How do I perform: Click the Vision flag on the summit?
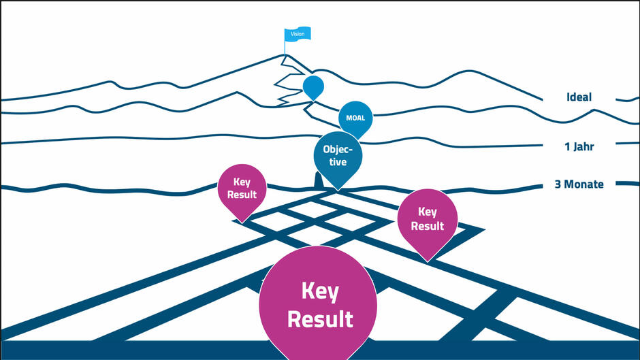(x=298, y=33)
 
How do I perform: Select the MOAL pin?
(x=356, y=118)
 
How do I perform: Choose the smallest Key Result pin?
(x=242, y=188)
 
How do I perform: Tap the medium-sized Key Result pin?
(x=427, y=218)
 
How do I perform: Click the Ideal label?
(x=579, y=97)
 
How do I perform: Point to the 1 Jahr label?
(x=580, y=146)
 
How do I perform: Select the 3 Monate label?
(x=579, y=184)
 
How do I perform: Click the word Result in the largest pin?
(x=320, y=319)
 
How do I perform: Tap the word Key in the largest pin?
(x=320, y=291)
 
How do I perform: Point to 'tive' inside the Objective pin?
(x=338, y=162)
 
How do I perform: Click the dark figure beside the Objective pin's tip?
(x=317, y=180)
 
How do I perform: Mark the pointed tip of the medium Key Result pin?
(x=427, y=261)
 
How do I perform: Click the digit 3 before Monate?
(x=558, y=184)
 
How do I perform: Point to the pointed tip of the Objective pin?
(x=338, y=191)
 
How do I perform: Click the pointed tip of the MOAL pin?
(x=356, y=141)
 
